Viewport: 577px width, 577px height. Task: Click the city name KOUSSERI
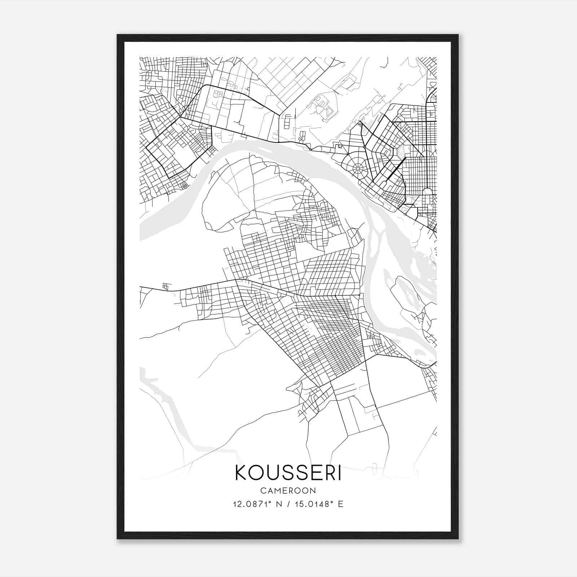288,473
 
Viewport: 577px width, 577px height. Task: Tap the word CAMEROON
288,491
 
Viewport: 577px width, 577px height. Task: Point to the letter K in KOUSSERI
242,473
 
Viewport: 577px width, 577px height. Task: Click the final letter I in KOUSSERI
339,473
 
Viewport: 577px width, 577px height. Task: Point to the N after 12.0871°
278,504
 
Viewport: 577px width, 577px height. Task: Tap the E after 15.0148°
341,504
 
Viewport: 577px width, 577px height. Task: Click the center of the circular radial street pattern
357,168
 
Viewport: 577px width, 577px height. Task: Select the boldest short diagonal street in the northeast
396,168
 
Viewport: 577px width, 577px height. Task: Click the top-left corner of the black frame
118,35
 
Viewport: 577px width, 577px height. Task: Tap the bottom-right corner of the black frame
458,538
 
